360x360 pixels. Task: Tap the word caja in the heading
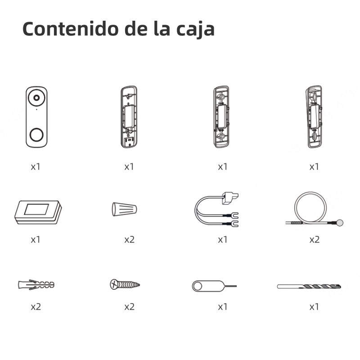point(196,30)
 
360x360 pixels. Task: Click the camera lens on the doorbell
point(36,98)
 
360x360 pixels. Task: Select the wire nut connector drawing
point(125,209)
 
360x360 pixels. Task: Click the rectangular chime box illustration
point(38,212)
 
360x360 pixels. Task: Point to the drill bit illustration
point(309,286)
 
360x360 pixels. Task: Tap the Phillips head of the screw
point(114,284)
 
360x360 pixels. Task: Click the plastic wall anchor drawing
point(36,285)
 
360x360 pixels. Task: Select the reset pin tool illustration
point(214,286)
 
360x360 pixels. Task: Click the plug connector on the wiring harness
point(230,198)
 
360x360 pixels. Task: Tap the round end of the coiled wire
point(340,222)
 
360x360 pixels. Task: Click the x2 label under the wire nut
point(130,240)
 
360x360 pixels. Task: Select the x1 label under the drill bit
point(314,307)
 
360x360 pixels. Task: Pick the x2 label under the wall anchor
point(36,307)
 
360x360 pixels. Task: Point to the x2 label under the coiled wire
point(314,240)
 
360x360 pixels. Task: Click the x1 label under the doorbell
point(36,166)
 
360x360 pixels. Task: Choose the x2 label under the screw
point(130,307)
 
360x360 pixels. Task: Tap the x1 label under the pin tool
point(223,307)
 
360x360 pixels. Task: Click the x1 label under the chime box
point(36,240)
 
